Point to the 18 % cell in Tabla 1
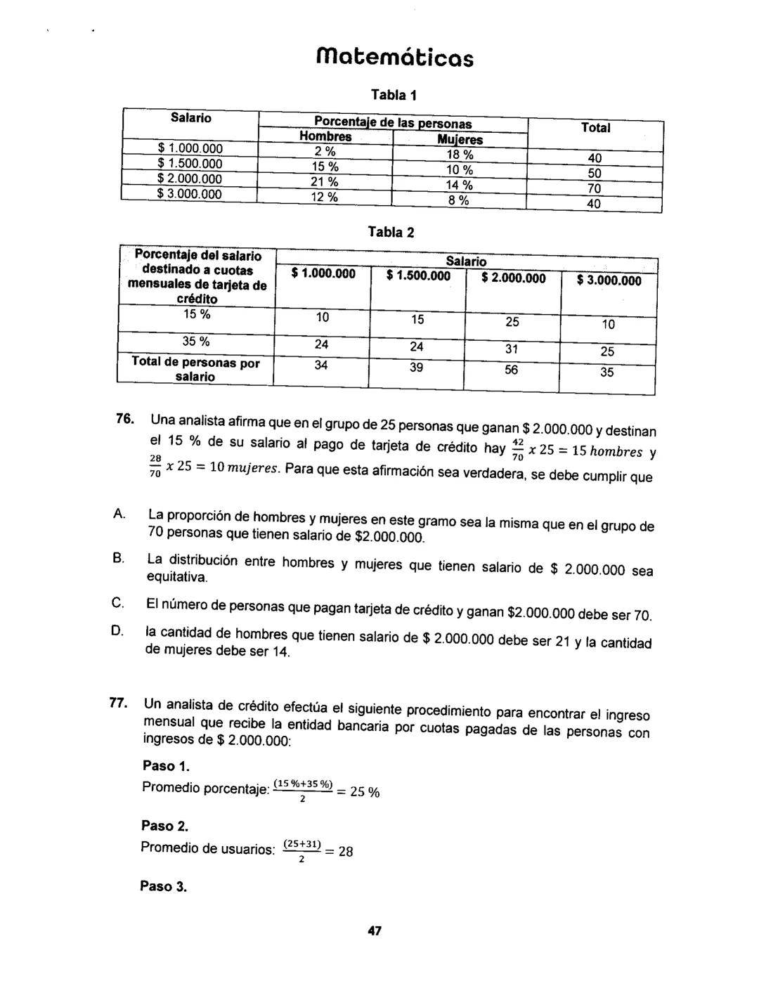[x=460, y=155]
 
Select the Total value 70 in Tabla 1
[x=595, y=188]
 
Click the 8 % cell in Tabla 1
[x=459, y=201]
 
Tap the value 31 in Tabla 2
[x=512, y=349]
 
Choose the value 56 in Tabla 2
[x=512, y=370]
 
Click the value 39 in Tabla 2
[x=417, y=367]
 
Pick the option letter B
[x=118, y=559]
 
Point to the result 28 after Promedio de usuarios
[x=345, y=852]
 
